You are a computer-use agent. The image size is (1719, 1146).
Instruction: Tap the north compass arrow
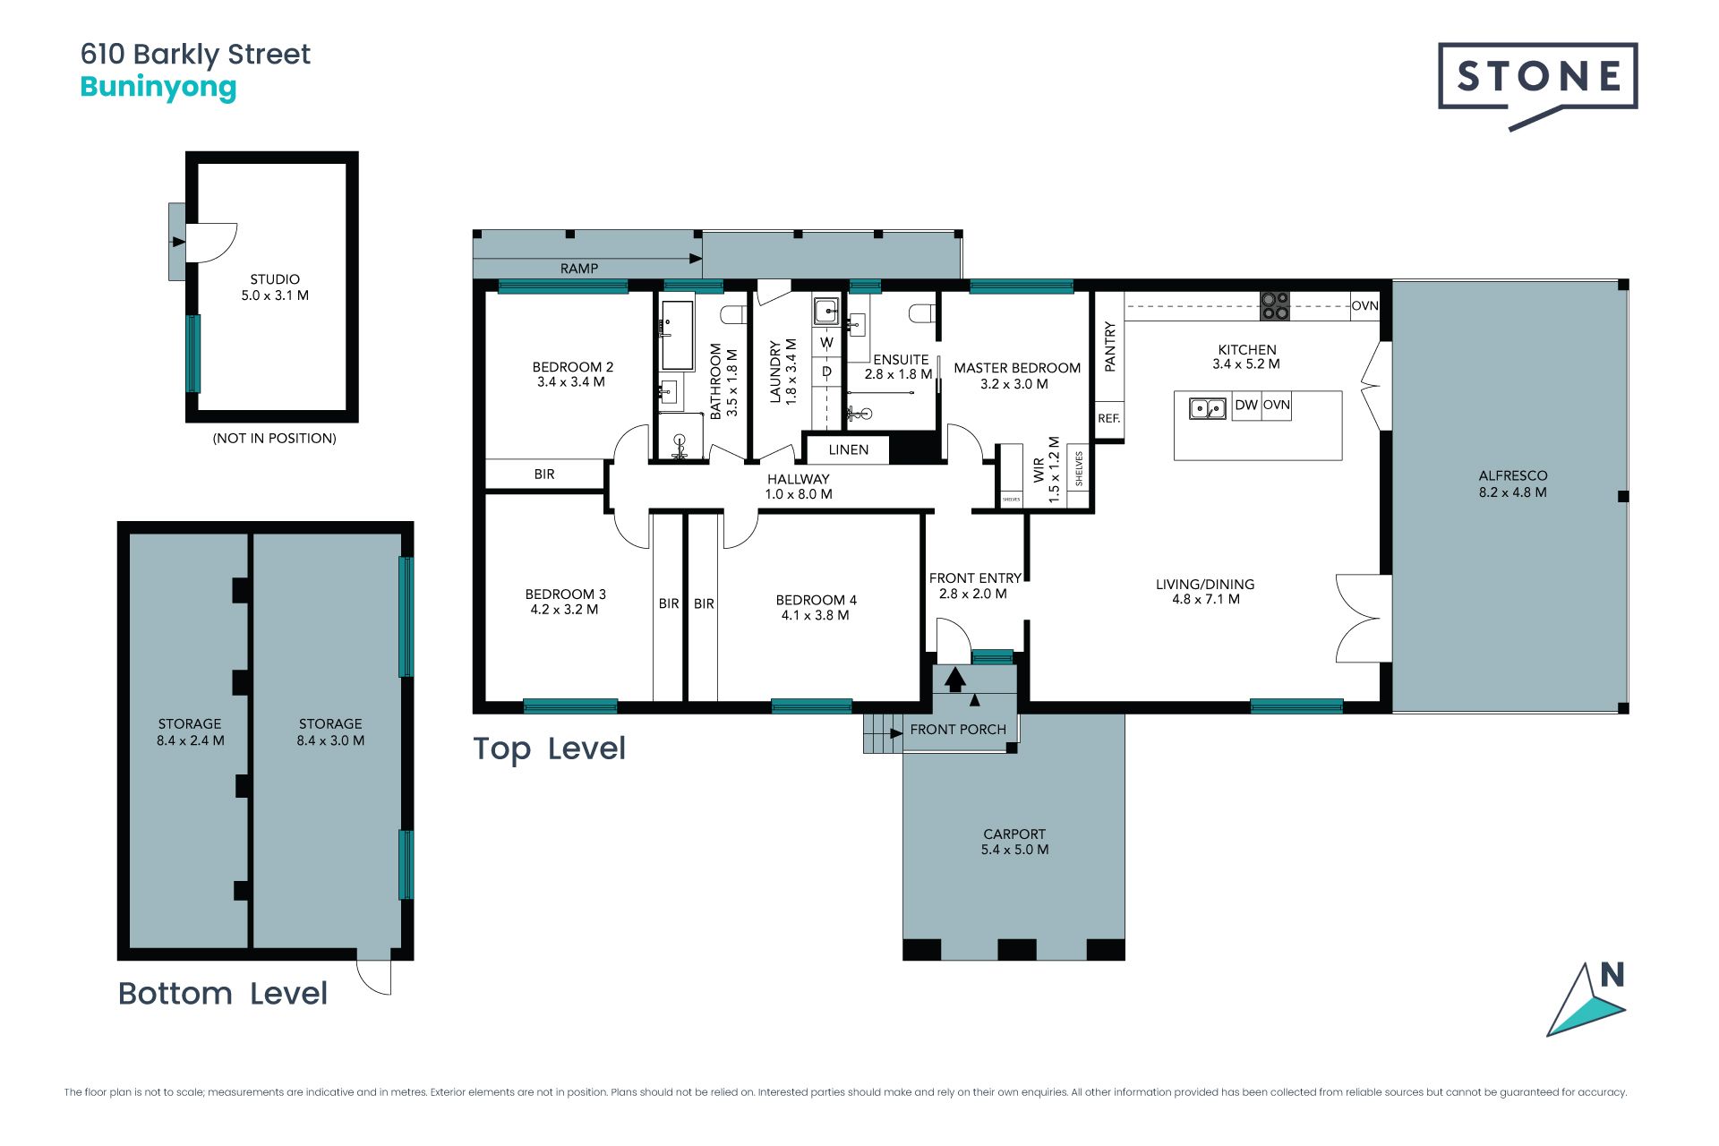[x=1586, y=1000]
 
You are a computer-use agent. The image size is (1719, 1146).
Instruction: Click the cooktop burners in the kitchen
[x=1275, y=305]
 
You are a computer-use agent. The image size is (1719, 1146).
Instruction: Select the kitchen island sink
[x=1208, y=409]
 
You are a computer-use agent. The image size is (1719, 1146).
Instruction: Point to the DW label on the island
[x=1246, y=405]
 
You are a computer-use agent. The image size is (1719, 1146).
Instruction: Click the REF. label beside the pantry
[x=1109, y=418]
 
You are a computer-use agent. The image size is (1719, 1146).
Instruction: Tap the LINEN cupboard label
[x=849, y=449]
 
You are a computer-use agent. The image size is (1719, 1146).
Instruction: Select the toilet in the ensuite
[x=922, y=313]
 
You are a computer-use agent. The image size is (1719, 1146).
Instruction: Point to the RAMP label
[x=579, y=268]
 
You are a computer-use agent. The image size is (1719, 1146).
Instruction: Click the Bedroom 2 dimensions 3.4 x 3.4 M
[x=571, y=382]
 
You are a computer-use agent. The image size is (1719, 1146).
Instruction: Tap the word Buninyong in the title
[x=158, y=88]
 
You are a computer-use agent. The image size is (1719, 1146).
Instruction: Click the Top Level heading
[x=549, y=749]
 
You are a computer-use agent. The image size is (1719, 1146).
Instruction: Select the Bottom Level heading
[x=223, y=993]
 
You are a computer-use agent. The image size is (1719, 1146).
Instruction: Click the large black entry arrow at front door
[x=955, y=680]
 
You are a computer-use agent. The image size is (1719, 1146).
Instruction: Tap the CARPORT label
[x=1014, y=834]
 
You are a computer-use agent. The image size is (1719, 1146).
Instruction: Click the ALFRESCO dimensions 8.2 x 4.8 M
[x=1513, y=492]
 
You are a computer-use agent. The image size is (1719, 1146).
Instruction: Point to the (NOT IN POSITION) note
[x=274, y=438]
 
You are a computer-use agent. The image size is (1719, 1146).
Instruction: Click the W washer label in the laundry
[x=826, y=343]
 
